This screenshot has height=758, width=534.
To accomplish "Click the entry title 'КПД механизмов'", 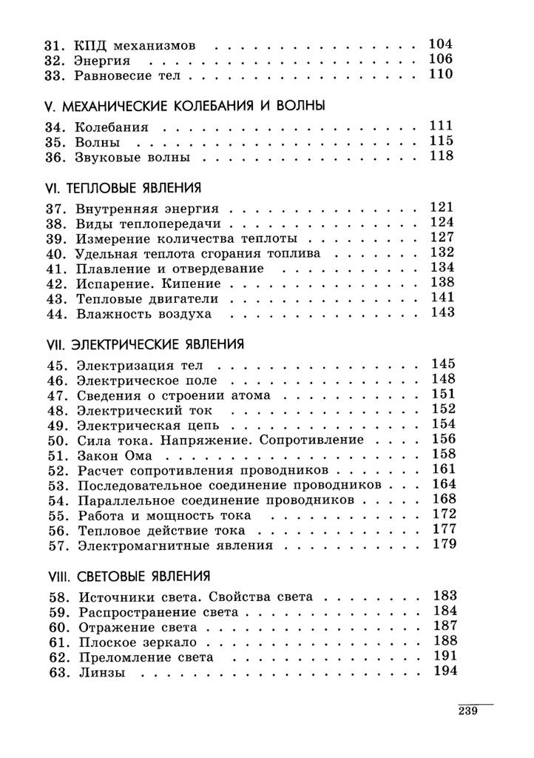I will (135, 45).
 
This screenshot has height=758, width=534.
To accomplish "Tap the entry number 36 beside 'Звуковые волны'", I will (55, 157).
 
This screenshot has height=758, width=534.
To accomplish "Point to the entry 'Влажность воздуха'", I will (143, 314).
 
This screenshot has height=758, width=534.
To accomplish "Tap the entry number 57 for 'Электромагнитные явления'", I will (55, 546).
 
